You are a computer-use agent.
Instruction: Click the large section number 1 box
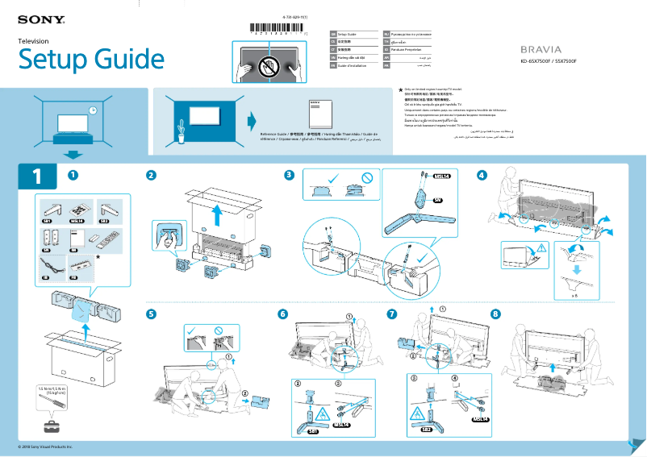pos(35,177)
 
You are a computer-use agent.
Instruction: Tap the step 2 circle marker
pos(151,175)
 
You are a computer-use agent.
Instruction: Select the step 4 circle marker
pos(482,175)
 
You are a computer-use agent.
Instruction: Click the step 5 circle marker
pos(151,313)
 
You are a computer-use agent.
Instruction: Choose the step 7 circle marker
pos(392,313)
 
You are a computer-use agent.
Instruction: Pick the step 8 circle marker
pos(495,313)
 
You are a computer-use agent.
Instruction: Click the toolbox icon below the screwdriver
pos(53,425)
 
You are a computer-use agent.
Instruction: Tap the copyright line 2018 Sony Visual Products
pos(45,447)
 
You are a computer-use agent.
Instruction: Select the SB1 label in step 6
pos(311,431)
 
